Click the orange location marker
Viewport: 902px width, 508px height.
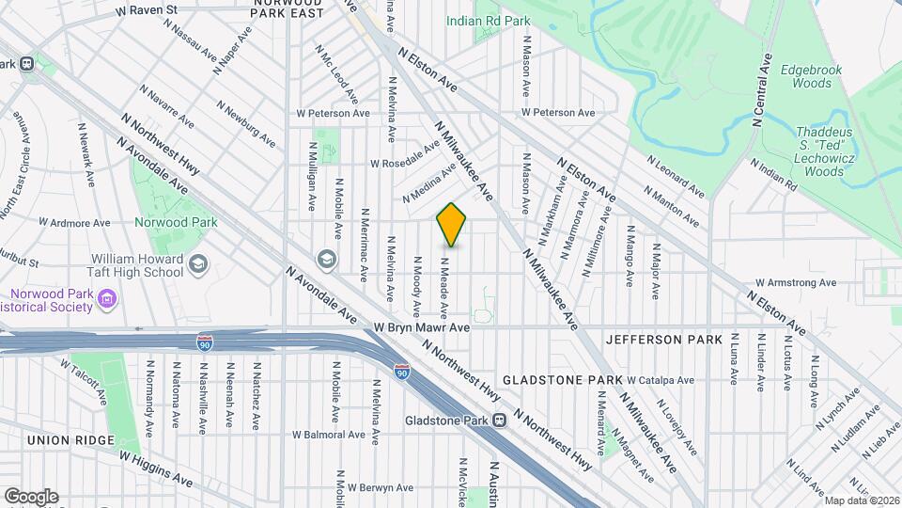[452, 224]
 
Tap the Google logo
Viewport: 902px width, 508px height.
[31, 496]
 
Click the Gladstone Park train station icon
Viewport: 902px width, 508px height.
[500, 421]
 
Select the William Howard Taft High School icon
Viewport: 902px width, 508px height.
[198, 265]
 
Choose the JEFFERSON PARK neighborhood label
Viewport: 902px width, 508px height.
[664, 339]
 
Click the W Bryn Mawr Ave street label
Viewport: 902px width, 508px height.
[421, 328]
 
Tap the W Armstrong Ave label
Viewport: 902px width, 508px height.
[796, 282]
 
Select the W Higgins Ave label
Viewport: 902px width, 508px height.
[155, 468]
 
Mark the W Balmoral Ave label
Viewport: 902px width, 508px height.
[328, 435]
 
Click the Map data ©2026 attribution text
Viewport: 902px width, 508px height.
[861, 500]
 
